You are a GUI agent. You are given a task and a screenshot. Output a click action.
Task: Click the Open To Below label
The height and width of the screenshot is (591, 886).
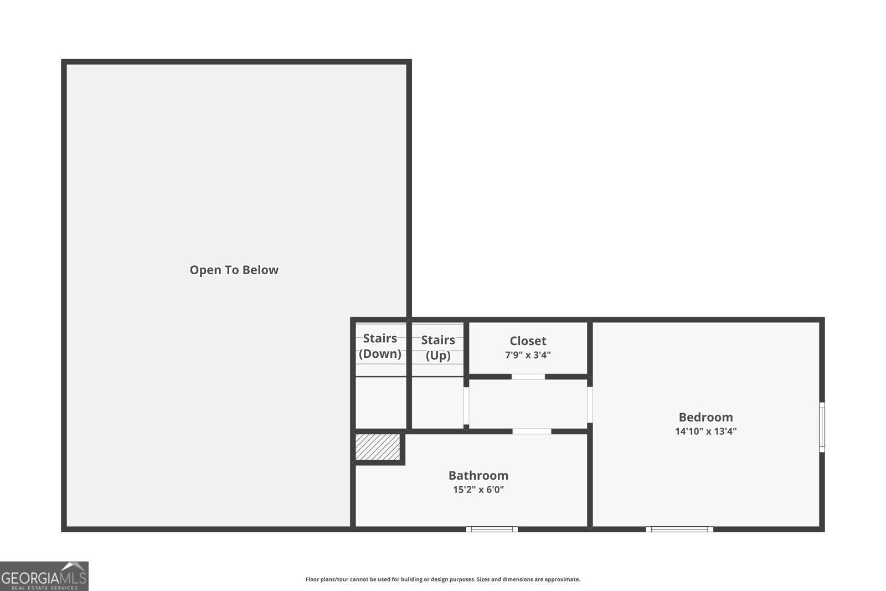click(234, 270)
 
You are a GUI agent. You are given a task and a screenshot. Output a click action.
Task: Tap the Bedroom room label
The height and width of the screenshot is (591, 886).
click(705, 417)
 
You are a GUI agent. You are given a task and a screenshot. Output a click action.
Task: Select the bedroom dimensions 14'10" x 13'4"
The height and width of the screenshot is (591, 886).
click(705, 431)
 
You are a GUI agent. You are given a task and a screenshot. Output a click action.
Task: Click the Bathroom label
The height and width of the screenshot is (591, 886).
click(478, 475)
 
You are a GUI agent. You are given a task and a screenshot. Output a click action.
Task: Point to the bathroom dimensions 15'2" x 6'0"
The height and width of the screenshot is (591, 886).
click(478, 489)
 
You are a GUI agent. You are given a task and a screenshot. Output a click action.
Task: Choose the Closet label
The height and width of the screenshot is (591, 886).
click(528, 341)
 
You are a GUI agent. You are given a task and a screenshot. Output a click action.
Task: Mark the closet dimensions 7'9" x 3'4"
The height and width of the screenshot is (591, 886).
click(528, 355)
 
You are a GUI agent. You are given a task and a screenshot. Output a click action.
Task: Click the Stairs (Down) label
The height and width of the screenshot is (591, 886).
click(380, 346)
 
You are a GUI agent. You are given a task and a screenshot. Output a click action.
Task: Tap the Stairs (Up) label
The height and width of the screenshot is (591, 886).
click(438, 347)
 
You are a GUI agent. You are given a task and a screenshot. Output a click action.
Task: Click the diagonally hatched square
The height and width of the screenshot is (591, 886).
click(378, 447)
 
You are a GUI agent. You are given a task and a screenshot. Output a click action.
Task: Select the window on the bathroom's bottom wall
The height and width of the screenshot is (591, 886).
click(492, 530)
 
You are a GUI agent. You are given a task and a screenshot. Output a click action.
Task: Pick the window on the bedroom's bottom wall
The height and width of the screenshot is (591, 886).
click(679, 530)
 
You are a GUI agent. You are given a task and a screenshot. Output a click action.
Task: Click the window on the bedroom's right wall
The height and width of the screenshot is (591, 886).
click(822, 427)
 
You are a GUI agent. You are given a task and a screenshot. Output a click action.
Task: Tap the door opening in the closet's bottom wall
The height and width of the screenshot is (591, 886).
click(528, 377)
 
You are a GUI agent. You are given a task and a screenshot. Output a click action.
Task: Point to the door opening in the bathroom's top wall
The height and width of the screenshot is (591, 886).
click(532, 431)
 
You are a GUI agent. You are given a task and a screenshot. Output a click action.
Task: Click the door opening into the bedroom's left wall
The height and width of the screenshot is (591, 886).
click(590, 405)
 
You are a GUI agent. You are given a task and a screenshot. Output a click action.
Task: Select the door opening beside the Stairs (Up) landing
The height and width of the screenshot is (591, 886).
click(466, 406)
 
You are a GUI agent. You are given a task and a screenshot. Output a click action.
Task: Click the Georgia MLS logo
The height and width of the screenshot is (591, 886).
click(44, 577)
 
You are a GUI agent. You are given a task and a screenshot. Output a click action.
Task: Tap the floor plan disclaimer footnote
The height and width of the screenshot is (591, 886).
click(442, 579)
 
